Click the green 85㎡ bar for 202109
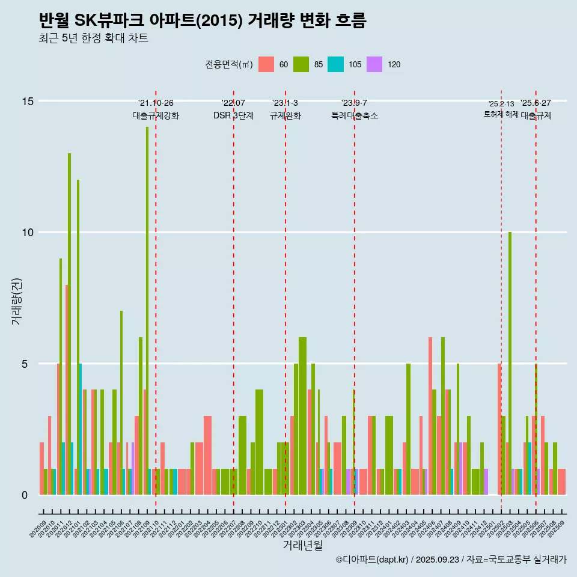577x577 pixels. pyautogui.click(x=147, y=301)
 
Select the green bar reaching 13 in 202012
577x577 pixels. pyautogui.click(x=70, y=325)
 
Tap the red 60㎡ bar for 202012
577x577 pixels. pyautogui.click(x=67, y=391)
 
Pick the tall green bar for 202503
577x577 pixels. pyautogui.click(x=510, y=361)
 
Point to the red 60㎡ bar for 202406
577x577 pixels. pyautogui.click(x=430, y=415)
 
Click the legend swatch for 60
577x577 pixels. pyautogui.click(x=266, y=65)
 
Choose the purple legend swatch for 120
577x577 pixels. pyautogui.click(x=374, y=65)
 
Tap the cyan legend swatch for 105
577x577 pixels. pyautogui.click(x=335, y=65)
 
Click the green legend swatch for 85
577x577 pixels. pyautogui.click(x=301, y=65)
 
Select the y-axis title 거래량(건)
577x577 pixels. pyautogui.click(x=16, y=301)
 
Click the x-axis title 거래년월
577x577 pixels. pyautogui.click(x=302, y=545)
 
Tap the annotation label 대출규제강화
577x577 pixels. pyautogui.click(x=156, y=115)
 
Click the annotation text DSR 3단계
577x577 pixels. pyautogui.click(x=233, y=115)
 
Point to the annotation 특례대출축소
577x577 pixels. pyautogui.click(x=355, y=115)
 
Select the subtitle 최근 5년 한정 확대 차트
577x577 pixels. pyautogui.click(x=93, y=38)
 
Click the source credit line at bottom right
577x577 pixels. pyautogui.click(x=451, y=560)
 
